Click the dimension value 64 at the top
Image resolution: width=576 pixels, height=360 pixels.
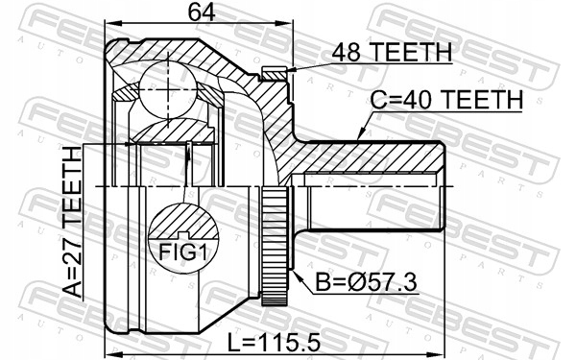201,13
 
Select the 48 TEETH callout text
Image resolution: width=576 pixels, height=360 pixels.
392,53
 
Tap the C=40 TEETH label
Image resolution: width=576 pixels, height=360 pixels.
446,100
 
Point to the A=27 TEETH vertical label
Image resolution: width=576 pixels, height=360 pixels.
72,222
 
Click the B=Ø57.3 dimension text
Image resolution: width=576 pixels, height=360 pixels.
367,283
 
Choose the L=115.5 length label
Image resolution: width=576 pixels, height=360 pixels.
274,343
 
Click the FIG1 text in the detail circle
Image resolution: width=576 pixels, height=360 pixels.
182,252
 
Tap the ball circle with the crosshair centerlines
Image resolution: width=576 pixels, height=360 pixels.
168,89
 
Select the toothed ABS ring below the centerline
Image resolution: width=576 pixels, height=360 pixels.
274,246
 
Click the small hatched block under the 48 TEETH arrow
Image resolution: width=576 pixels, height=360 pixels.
274,74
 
